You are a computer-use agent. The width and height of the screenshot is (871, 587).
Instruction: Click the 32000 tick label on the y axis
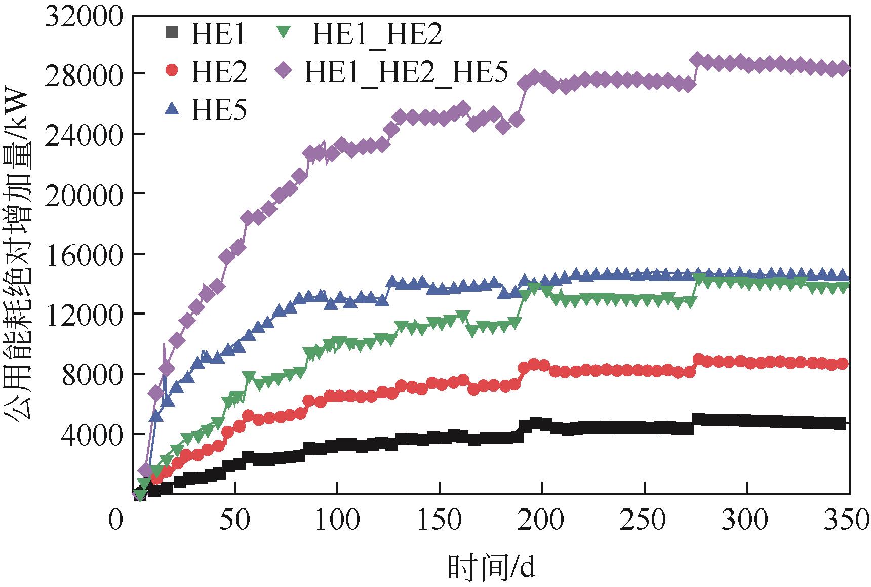tap(84, 17)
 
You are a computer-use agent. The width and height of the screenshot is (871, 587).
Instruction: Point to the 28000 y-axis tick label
tap(84, 74)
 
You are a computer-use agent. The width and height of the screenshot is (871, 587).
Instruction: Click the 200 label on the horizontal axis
tap(542, 521)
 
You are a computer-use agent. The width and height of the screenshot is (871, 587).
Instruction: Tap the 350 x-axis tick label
tap(849, 521)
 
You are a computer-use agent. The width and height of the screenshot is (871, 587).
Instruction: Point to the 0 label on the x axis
tap(116, 521)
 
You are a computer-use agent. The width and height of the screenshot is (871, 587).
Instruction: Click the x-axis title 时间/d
tap(491, 566)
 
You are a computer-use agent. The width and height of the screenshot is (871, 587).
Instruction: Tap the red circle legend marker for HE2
tap(172, 70)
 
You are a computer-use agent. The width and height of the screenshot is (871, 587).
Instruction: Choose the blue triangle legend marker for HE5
tap(172, 108)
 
